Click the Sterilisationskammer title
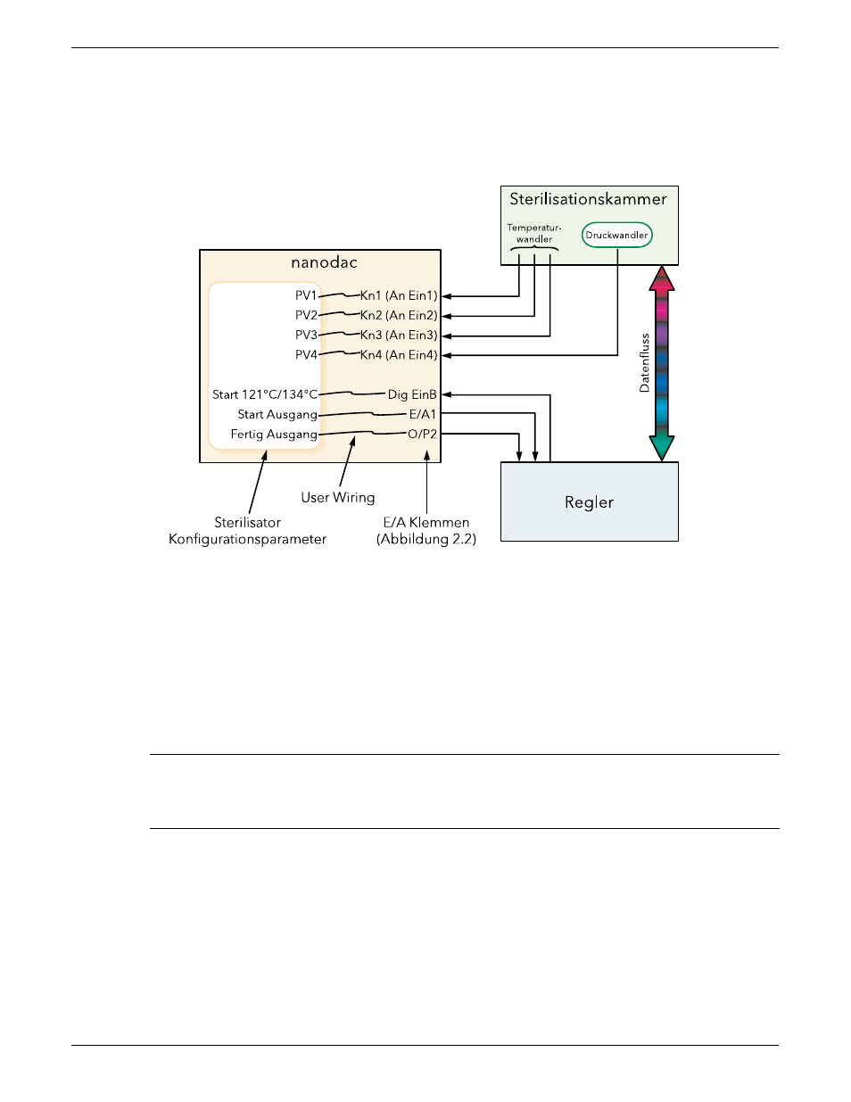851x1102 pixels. [588, 199]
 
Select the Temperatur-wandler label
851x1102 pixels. [534, 233]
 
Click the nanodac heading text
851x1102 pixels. [324, 262]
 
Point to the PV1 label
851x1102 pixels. [306, 295]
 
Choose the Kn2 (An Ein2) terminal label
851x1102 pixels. [399, 316]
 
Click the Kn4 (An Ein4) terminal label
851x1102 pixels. [399, 355]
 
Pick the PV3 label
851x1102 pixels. [306, 335]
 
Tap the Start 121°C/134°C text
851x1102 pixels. [265, 394]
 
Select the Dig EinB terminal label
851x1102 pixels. [412, 394]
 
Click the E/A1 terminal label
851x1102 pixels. [423, 414]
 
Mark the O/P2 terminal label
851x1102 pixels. [422, 434]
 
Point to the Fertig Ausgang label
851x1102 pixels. [274, 435]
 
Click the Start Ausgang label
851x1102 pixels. [277, 415]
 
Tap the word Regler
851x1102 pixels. [589, 502]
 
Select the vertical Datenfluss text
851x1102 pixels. [644, 362]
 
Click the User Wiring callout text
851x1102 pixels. [337, 498]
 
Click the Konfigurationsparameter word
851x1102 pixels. [247, 539]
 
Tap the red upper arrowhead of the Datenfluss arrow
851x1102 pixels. [661, 278]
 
